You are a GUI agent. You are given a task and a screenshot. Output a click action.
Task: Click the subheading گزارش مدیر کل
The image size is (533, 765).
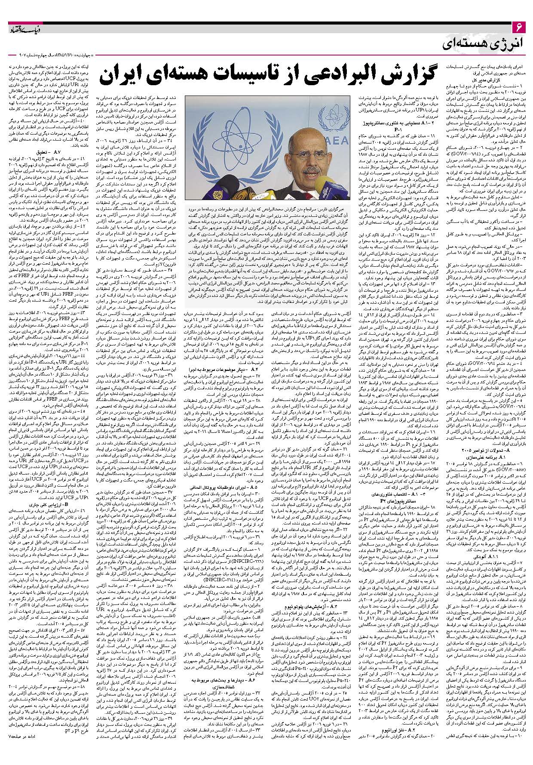490,80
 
